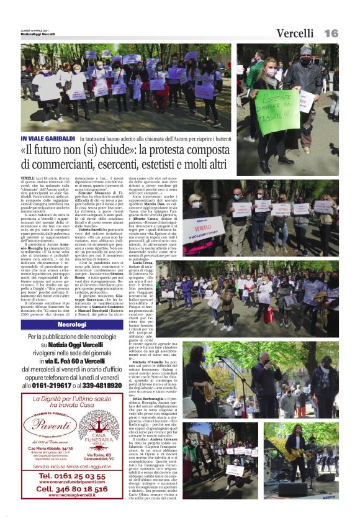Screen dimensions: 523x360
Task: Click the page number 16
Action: [x=331, y=33]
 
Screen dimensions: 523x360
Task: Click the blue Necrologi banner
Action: [x=71, y=325]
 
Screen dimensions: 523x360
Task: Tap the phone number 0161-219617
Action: [x=52, y=386]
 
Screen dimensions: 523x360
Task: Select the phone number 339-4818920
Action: [x=99, y=386]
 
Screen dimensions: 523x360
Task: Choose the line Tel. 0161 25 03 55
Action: [x=72, y=476]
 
